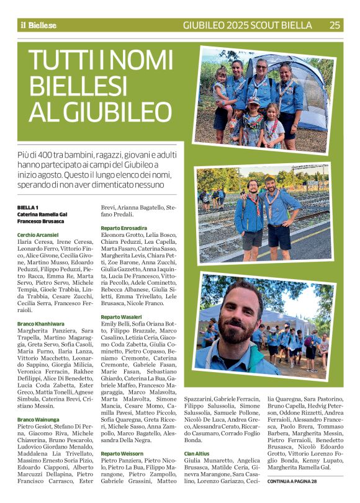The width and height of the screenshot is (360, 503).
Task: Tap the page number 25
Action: click(335, 25)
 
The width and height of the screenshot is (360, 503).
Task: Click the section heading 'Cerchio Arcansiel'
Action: click(38, 235)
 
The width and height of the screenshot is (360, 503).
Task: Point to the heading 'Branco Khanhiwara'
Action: click(40, 324)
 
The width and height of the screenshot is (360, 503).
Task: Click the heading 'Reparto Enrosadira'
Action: click(124, 228)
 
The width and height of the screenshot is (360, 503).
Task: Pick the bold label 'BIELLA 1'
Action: click(28, 207)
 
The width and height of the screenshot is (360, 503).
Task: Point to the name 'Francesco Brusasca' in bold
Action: click(42, 221)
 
